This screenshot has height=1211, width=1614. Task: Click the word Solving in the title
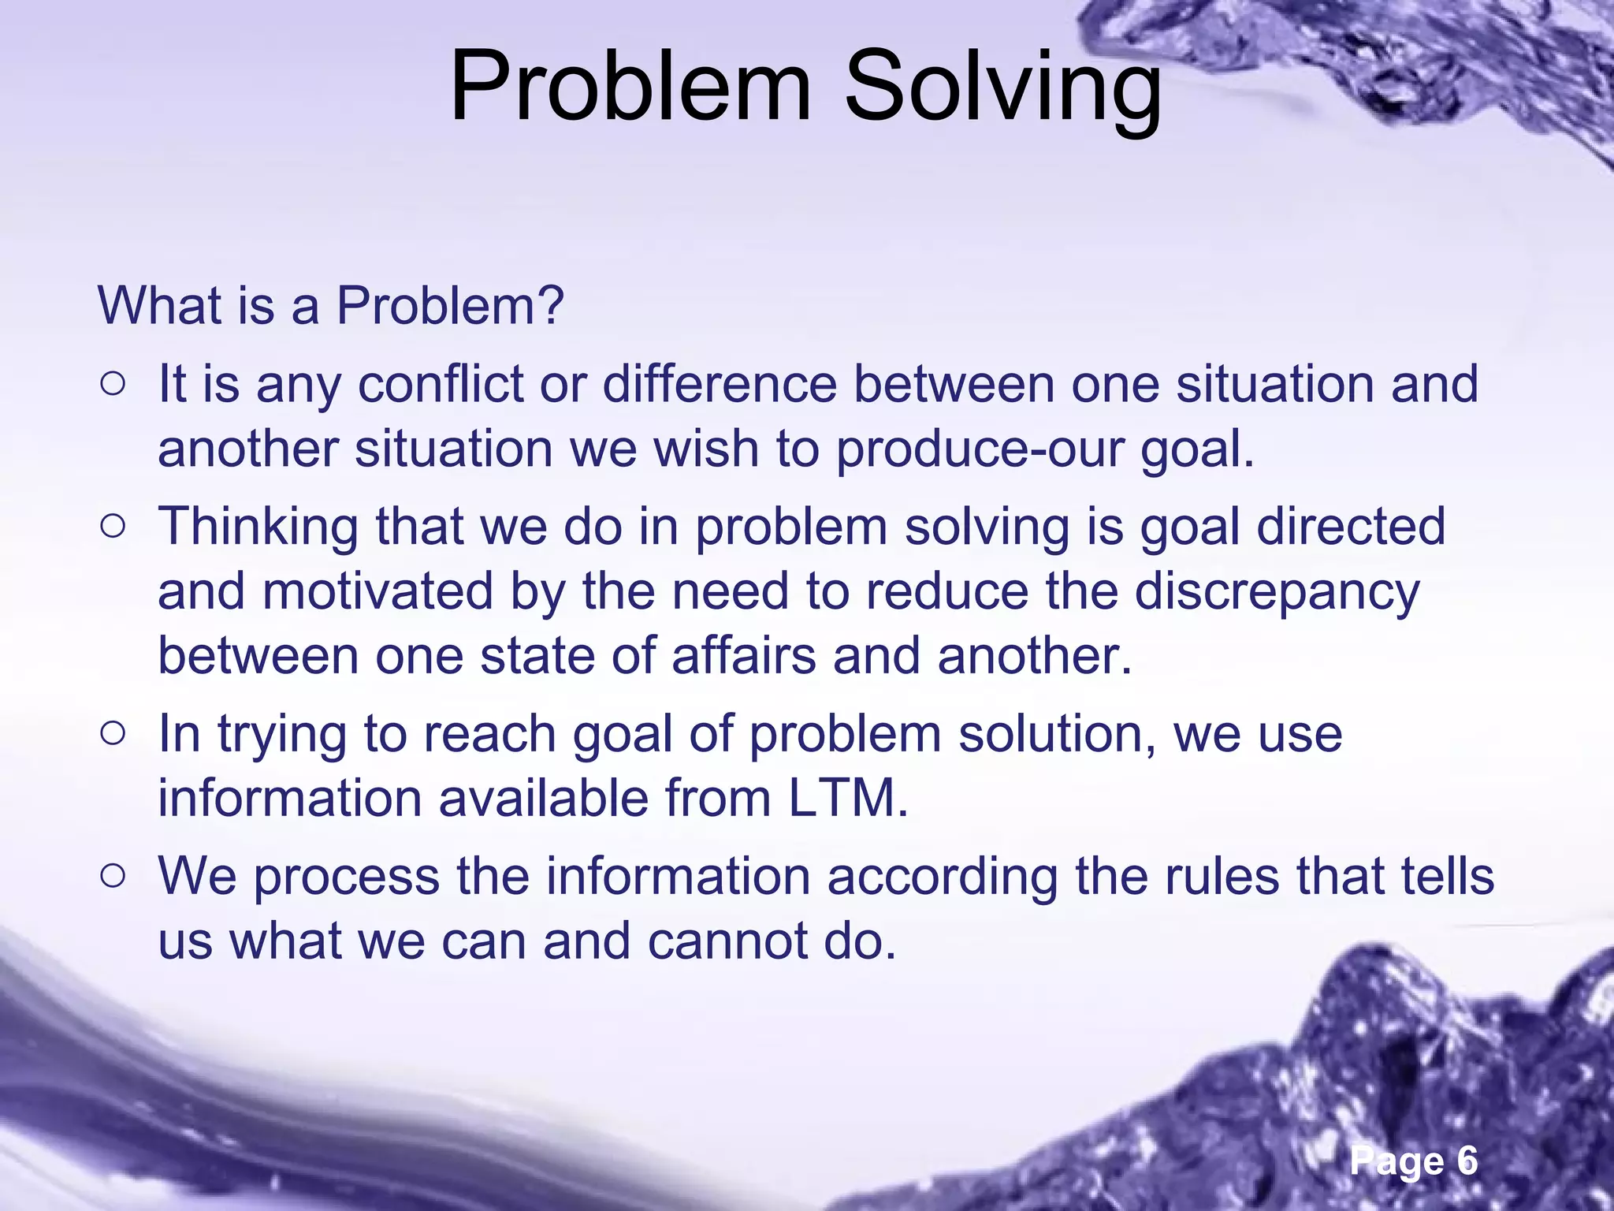click(x=1002, y=87)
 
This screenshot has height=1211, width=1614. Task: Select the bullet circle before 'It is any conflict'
click(x=113, y=385)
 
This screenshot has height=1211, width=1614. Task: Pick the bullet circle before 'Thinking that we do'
click(x=113, y=527)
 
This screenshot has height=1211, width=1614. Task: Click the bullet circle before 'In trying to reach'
click(x=113, y=734)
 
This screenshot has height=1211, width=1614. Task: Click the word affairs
click(x=744, y=656)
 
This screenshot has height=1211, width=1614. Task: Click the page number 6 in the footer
click(x=1467, y=1161)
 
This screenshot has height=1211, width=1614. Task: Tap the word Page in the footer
click(x=1397, y=1161)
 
